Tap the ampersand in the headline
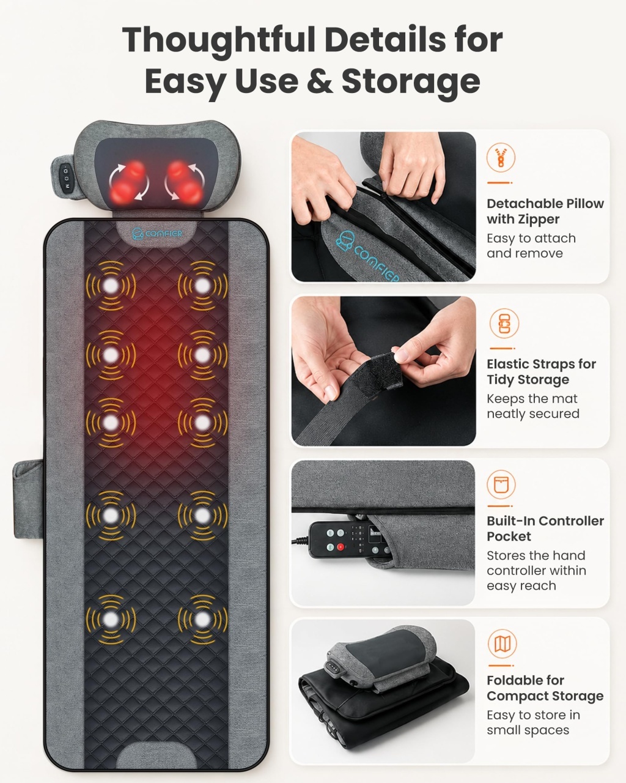pos(319,81)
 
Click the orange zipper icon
pos(501,157)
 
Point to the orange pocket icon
pos(501,484)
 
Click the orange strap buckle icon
pos(504,324)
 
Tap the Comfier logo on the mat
pos(156,233)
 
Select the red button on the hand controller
pos(341,546)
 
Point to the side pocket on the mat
pos(28,499)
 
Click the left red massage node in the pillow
pos(128,182)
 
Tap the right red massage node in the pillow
pos(185,182)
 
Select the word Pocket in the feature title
pos(509,536)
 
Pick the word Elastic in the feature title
pos(509,364)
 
